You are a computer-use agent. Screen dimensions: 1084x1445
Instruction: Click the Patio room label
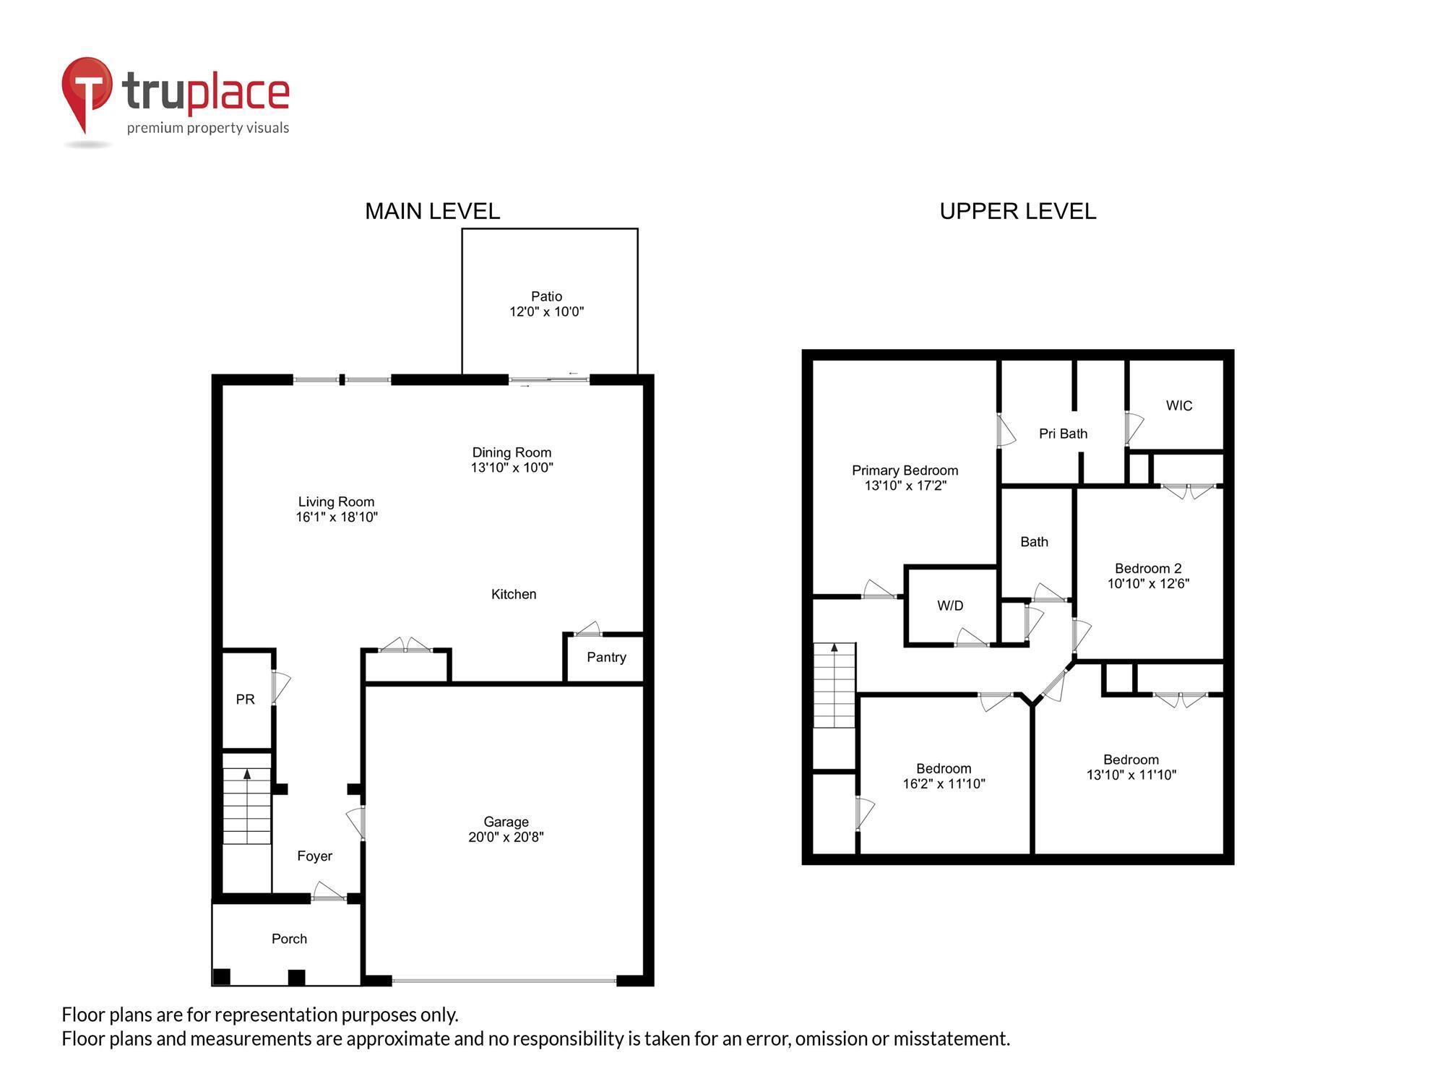(546, 296)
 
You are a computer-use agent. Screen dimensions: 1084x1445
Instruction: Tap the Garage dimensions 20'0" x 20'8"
(506, 838)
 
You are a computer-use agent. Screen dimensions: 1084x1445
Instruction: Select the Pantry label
(606, 657)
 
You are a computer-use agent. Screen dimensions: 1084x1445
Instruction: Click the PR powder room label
(246, 700)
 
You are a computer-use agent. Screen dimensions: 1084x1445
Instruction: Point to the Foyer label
(314, 856)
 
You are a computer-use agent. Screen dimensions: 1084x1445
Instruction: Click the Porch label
(289, 939)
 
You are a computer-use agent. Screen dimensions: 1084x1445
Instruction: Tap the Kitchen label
(514, 594)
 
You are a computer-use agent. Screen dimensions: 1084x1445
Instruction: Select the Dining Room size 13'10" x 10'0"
(512, 468)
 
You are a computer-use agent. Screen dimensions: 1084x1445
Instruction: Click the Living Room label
(336, 502)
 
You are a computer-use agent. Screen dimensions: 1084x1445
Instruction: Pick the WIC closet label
(1179, 405)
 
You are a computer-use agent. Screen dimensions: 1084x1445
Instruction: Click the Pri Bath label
(1063, 434)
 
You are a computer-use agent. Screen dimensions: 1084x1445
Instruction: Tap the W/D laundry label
(950, 606)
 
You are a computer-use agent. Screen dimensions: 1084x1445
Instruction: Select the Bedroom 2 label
(1148, 569)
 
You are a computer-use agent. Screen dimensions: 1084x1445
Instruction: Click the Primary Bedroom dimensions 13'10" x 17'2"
(905, 486)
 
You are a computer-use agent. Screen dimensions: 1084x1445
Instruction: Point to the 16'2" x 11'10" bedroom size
(944, 783)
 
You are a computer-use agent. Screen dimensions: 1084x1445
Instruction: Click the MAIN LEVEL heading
(432, 211)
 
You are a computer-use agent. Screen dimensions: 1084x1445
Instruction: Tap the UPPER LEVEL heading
(1017, 211)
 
